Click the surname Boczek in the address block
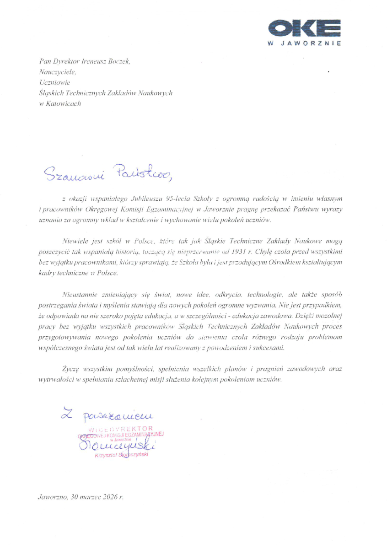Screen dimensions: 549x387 (x=119, y=61)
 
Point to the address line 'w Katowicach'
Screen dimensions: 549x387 (x=60, y=103)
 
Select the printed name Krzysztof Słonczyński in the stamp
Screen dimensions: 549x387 (x=121, y=455)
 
